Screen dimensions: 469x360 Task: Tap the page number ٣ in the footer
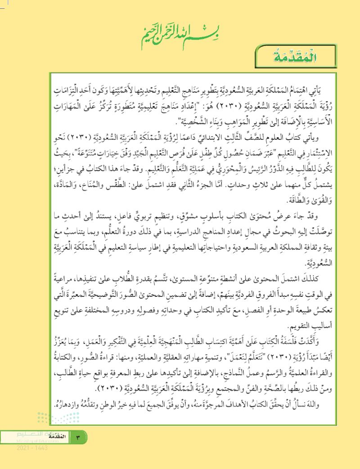[x=77, y=438]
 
